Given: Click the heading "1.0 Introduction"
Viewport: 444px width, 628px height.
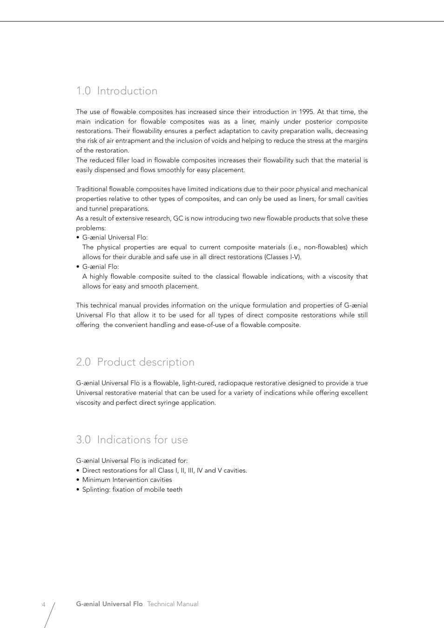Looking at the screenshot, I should (117, 91).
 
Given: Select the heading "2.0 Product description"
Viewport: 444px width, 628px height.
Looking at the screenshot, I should (135, 362).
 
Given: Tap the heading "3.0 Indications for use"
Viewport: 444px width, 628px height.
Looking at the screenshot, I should (132, 440).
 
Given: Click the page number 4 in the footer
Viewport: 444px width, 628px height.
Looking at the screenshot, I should (44, 604).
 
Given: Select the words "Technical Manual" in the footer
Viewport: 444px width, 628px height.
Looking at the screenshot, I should (173, 604).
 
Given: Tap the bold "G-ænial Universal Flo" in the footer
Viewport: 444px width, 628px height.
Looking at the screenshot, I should (109, 604).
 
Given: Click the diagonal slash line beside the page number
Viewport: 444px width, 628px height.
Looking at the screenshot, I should (49, 615).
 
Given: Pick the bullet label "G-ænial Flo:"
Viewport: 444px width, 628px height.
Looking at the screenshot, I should (101, 267).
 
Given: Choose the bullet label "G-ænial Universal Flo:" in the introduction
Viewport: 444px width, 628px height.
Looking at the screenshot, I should (115, 237).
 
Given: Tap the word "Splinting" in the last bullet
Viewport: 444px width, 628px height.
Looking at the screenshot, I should (96, 489).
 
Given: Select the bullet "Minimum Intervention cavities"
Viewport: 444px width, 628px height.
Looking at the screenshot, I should (127, 480).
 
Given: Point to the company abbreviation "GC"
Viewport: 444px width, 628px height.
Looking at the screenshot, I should (178, 218).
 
